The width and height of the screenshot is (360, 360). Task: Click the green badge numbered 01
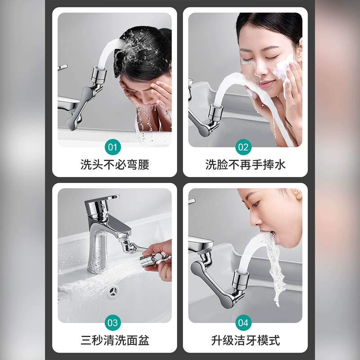(113, 147)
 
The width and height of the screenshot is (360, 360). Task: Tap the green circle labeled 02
(243, 147)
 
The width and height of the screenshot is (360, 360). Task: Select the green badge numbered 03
(113, 323)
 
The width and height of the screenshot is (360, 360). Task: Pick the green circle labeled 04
(243, 323)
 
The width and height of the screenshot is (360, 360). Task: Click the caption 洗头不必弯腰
(115, 165)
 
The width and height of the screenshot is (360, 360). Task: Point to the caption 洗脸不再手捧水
(245, 165)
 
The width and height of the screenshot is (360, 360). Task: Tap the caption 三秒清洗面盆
(115, 340)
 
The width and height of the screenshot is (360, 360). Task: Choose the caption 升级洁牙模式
(245, 340)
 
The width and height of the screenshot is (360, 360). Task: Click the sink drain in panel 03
(113, 292)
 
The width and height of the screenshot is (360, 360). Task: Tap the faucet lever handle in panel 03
(103, 199)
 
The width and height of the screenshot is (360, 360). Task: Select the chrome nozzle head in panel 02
(215, 113)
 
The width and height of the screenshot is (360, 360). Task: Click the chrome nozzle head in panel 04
(240, 279)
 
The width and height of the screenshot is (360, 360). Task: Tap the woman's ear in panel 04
(298, 194)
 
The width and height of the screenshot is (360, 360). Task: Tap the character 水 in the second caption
(280, 165)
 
